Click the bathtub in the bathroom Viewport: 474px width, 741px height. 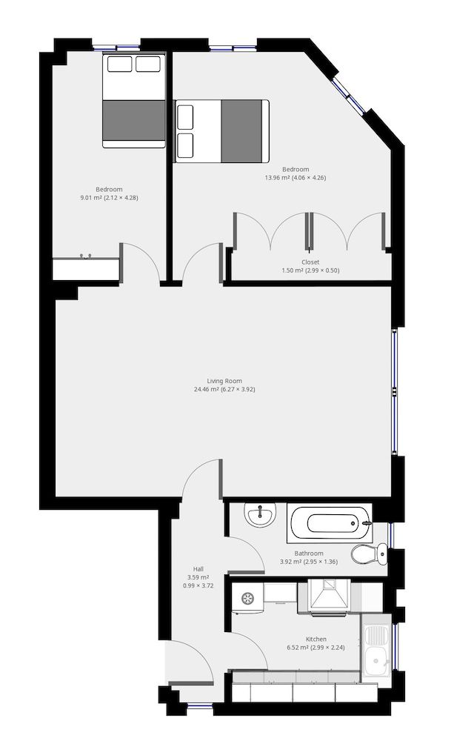pyautogui.click(x=327, y=524)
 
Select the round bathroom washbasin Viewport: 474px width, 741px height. pyautogui.click(x=261, y=515)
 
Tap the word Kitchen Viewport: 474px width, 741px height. pyautogui.click(x=316, y=639)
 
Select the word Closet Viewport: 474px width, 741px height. pyautogui.click(x=310, y=262)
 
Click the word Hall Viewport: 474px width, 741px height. pyautogui.click(x=198, y=568)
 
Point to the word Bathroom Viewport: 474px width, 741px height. pyautogui.click(x=309, y=553)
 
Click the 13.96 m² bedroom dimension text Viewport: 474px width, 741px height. pyautogui.click(x=296, y=178)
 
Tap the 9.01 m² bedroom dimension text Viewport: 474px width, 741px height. pyautogui.click(x=110, y=198)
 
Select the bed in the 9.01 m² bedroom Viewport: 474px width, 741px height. pyautogui.click(x=133, y=100)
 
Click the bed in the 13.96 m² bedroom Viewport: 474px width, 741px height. pyautogui.click(x=221, y=130)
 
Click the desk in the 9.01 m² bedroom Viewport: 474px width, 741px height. pyautogui.click(x=86, y=268)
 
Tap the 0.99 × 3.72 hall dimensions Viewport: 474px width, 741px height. pyautogui.click(x=198, y=585)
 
